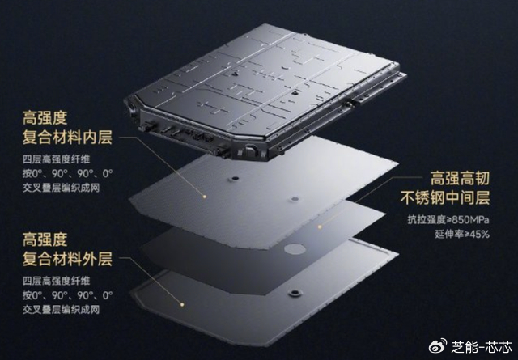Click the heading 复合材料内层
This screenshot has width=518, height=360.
click(x=67, y=137)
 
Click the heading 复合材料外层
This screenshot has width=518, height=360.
click(x=67, y=259)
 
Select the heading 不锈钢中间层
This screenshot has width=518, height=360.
click(x=445, y=197)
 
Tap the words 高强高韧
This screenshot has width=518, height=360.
click(x=460, y=178)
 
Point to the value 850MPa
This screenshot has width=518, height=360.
click(x=470, y=219)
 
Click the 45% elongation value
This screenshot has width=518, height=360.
click(x=477, y=234)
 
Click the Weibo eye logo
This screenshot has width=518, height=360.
click(x=438, y=345)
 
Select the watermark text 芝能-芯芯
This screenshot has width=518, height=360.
click(x=482, y=346)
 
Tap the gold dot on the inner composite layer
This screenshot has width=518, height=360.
click(x=205, y=197)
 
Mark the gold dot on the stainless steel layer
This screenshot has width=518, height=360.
click(x=320, y=227)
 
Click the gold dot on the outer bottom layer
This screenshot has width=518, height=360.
click(x=181, y=304)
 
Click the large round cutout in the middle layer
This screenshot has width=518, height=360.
click(x=295, y=249)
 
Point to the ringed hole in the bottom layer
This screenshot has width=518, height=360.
click(x=295, y=293)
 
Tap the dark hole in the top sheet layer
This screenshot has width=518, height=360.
click(x=235, y=178)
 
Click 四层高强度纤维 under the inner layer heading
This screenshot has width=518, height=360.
click(x=57, y=159)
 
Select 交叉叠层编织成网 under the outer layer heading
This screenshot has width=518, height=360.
click(x=62, y=310)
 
